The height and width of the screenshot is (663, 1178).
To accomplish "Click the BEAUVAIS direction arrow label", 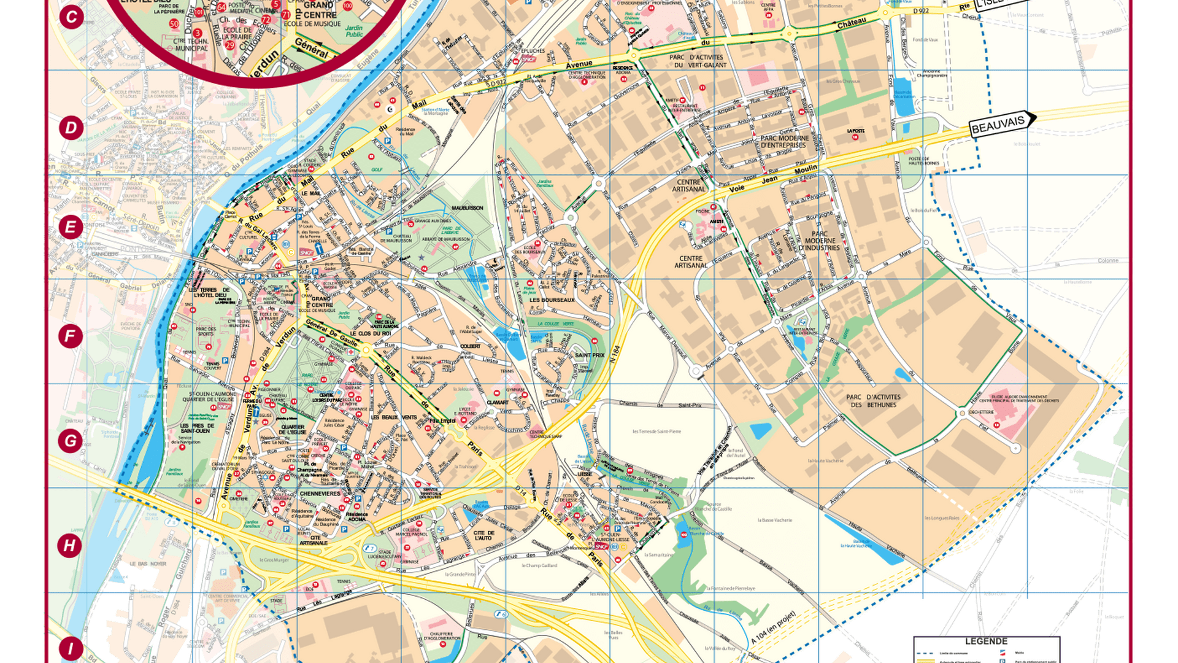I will (x=999, y=125).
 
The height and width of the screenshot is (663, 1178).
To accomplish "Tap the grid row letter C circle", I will (x=71, y=17).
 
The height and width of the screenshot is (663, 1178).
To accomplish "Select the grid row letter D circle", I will (x=71, y=128).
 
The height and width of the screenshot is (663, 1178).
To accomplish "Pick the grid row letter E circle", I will (x=71, y=227).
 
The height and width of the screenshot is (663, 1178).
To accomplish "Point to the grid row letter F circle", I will (x=71, y=336).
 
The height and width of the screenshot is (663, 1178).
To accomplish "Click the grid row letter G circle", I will (x=71, y=441).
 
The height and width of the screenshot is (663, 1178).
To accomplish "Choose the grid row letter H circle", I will (x=70, y=545).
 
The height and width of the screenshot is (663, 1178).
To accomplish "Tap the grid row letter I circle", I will (x=71, y=648).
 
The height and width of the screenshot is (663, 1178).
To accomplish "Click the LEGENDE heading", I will (x=986, y=642).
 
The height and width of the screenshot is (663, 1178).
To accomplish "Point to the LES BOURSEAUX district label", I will (x=552, y=300).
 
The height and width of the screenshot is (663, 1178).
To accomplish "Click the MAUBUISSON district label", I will (x=468, y=208).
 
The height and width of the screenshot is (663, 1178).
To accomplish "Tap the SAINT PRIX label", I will (x=590, y=355).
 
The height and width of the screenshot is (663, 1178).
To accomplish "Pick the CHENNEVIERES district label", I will (x=320, y=494).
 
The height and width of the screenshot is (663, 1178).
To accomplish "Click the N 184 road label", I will (x=616, y=355).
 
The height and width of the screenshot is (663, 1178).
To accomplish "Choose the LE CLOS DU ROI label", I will (x=371, y=333).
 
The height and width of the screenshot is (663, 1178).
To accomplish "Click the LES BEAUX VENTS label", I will (x=394, y=417).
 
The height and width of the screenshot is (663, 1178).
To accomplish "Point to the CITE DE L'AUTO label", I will (x=484, y=535).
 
